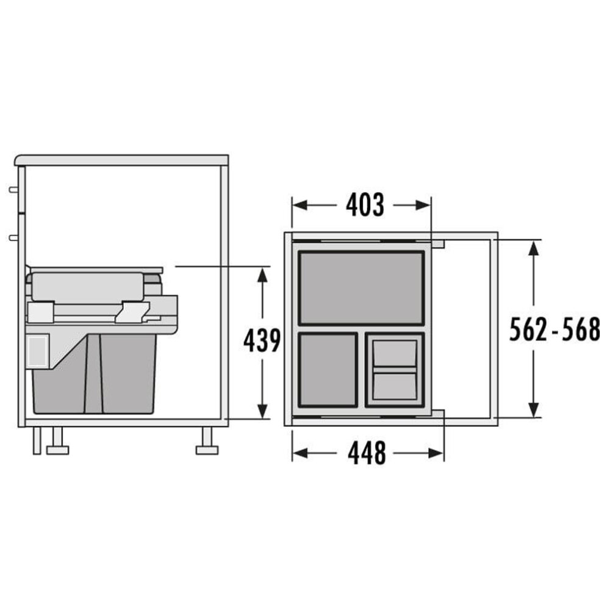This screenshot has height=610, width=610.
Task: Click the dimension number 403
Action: coord(365,204)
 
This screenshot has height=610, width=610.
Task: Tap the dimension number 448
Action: coord(367,453)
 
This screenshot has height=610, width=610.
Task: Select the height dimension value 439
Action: coord(262,340)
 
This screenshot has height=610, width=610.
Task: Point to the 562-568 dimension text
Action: coord(554,329)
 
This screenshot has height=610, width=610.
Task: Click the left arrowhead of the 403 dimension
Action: coord(300,204)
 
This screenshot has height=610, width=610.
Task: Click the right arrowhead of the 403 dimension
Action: coord(423,204)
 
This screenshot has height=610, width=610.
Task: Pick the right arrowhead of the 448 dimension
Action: coord(436,453)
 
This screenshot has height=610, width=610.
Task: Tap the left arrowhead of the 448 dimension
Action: coord(300,453)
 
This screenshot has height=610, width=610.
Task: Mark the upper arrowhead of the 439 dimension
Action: coord(262,274)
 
